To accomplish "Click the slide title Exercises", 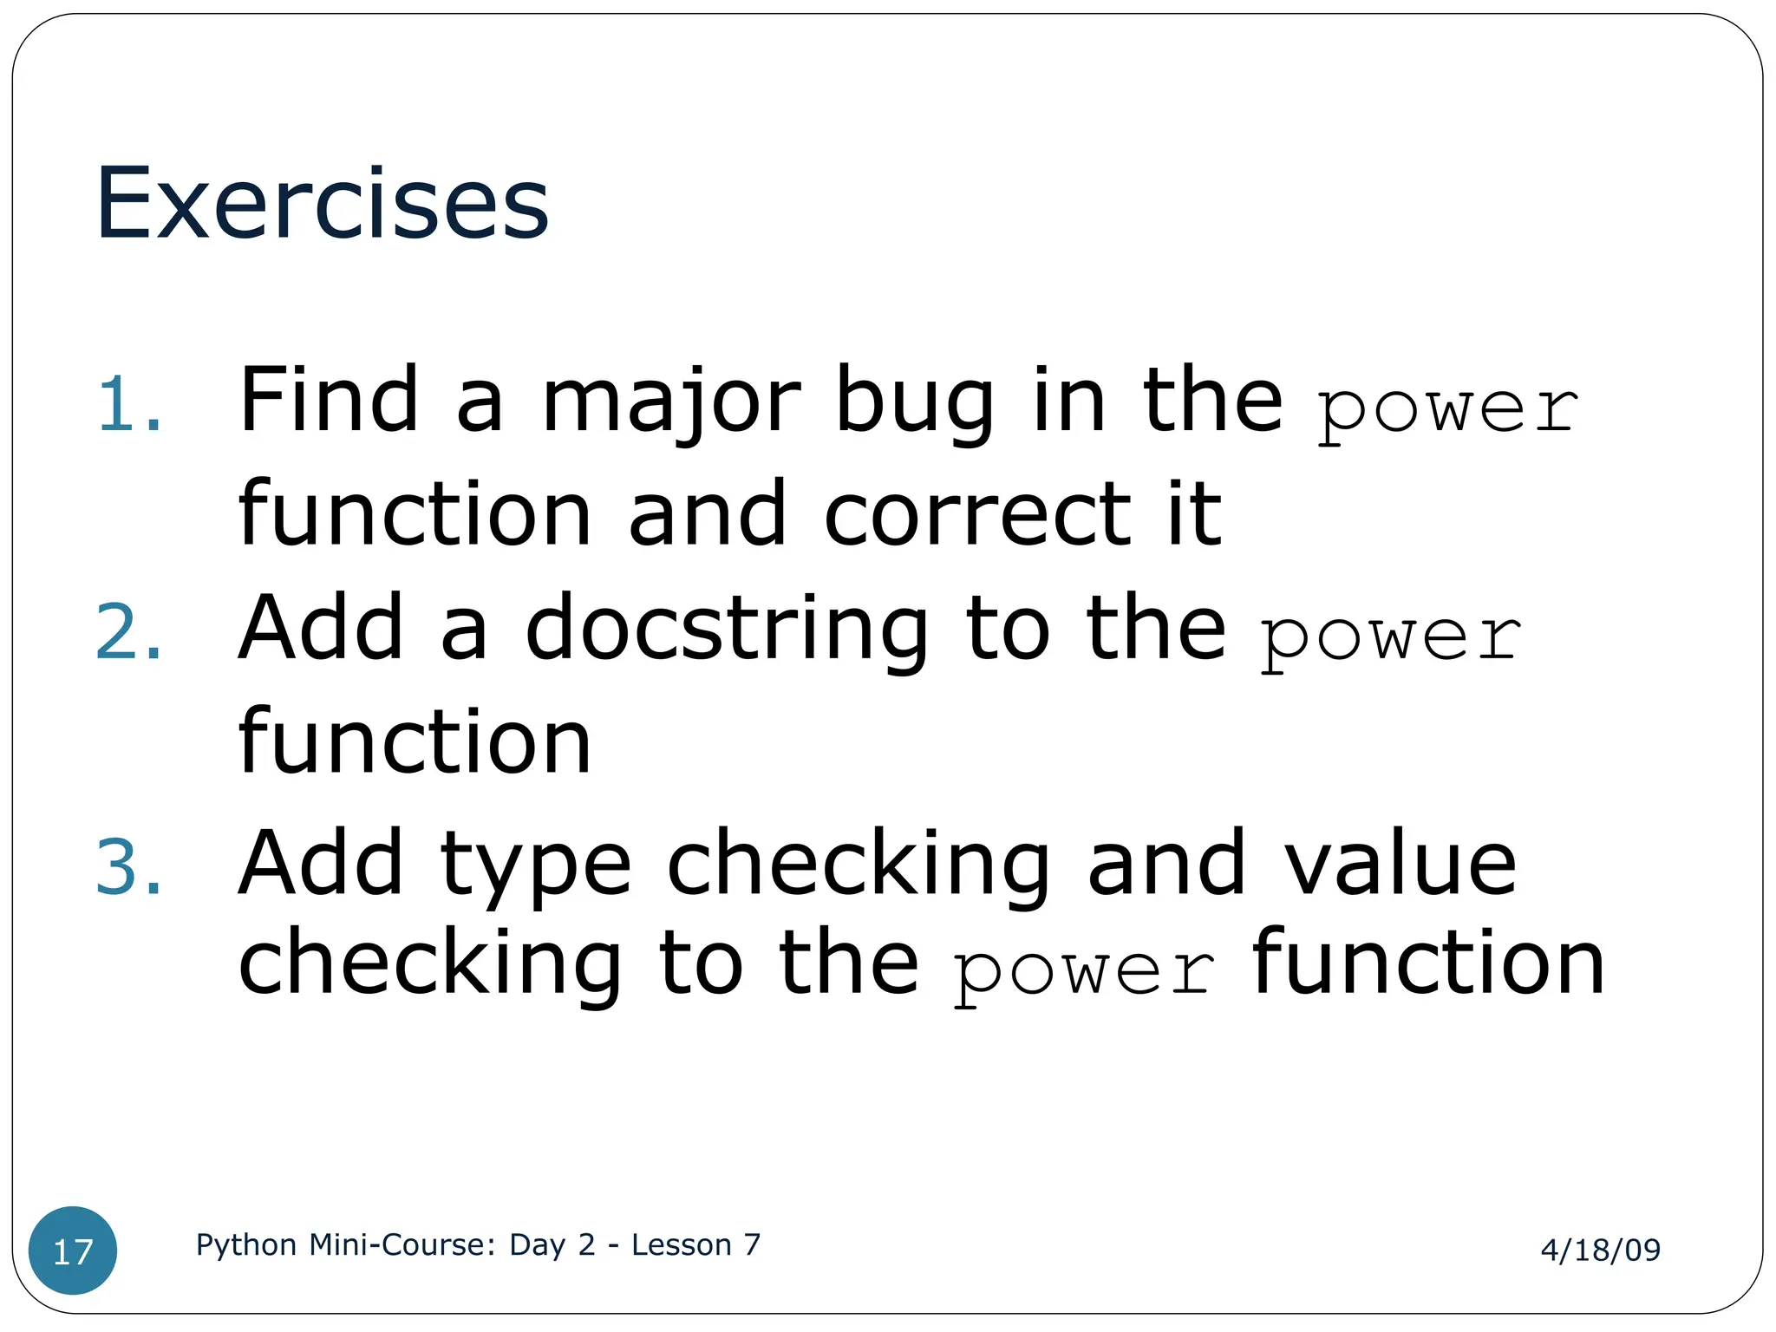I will tap(322, 204).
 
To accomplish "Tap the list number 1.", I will tap(128, 404).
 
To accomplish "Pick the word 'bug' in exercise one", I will tap(914, 404).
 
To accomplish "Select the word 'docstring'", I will tap(727, 630).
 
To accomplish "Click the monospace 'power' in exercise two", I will tap(1390, 637).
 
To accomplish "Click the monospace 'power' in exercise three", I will tap(1083, 970).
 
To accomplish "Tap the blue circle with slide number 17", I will tap(73, 1250).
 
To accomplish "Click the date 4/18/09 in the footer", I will tap(1600, 1250).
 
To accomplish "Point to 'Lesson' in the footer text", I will tap(681, 1244).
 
